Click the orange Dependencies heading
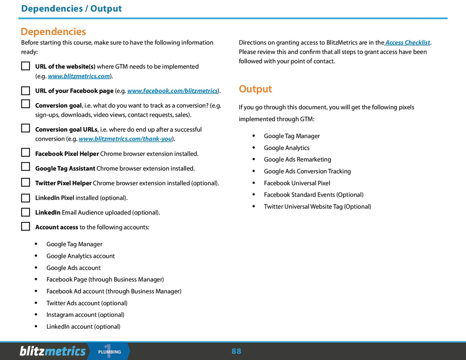click(x=53, y=32)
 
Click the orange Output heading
click(x=255, y=89)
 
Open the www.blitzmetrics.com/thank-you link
click(x=125, y=139)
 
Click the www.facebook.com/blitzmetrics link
click(x=173, y=91)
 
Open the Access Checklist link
click(x=407, y=43)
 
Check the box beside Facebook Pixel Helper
click(x=26, y=153)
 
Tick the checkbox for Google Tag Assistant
click(x=26, y=168)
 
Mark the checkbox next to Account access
click(x=26, y=227)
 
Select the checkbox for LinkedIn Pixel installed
click(x=26, y=198)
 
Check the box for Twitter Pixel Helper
click(x=26, y=183)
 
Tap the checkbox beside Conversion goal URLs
click(x=26, y=129)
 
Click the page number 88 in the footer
click(x=237, y=351)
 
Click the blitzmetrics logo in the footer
click(x=53, y=351)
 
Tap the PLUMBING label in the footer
click(x=109, y=352)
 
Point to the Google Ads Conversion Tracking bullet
click(x=307, y=171)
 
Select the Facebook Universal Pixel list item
click(x=297, y=183)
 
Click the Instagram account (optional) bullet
click(x=85, y=315)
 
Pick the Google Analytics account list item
click(x=80, y=256)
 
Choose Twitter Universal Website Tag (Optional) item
click(x=317, y=206)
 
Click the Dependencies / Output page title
click(x=71, y=9)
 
